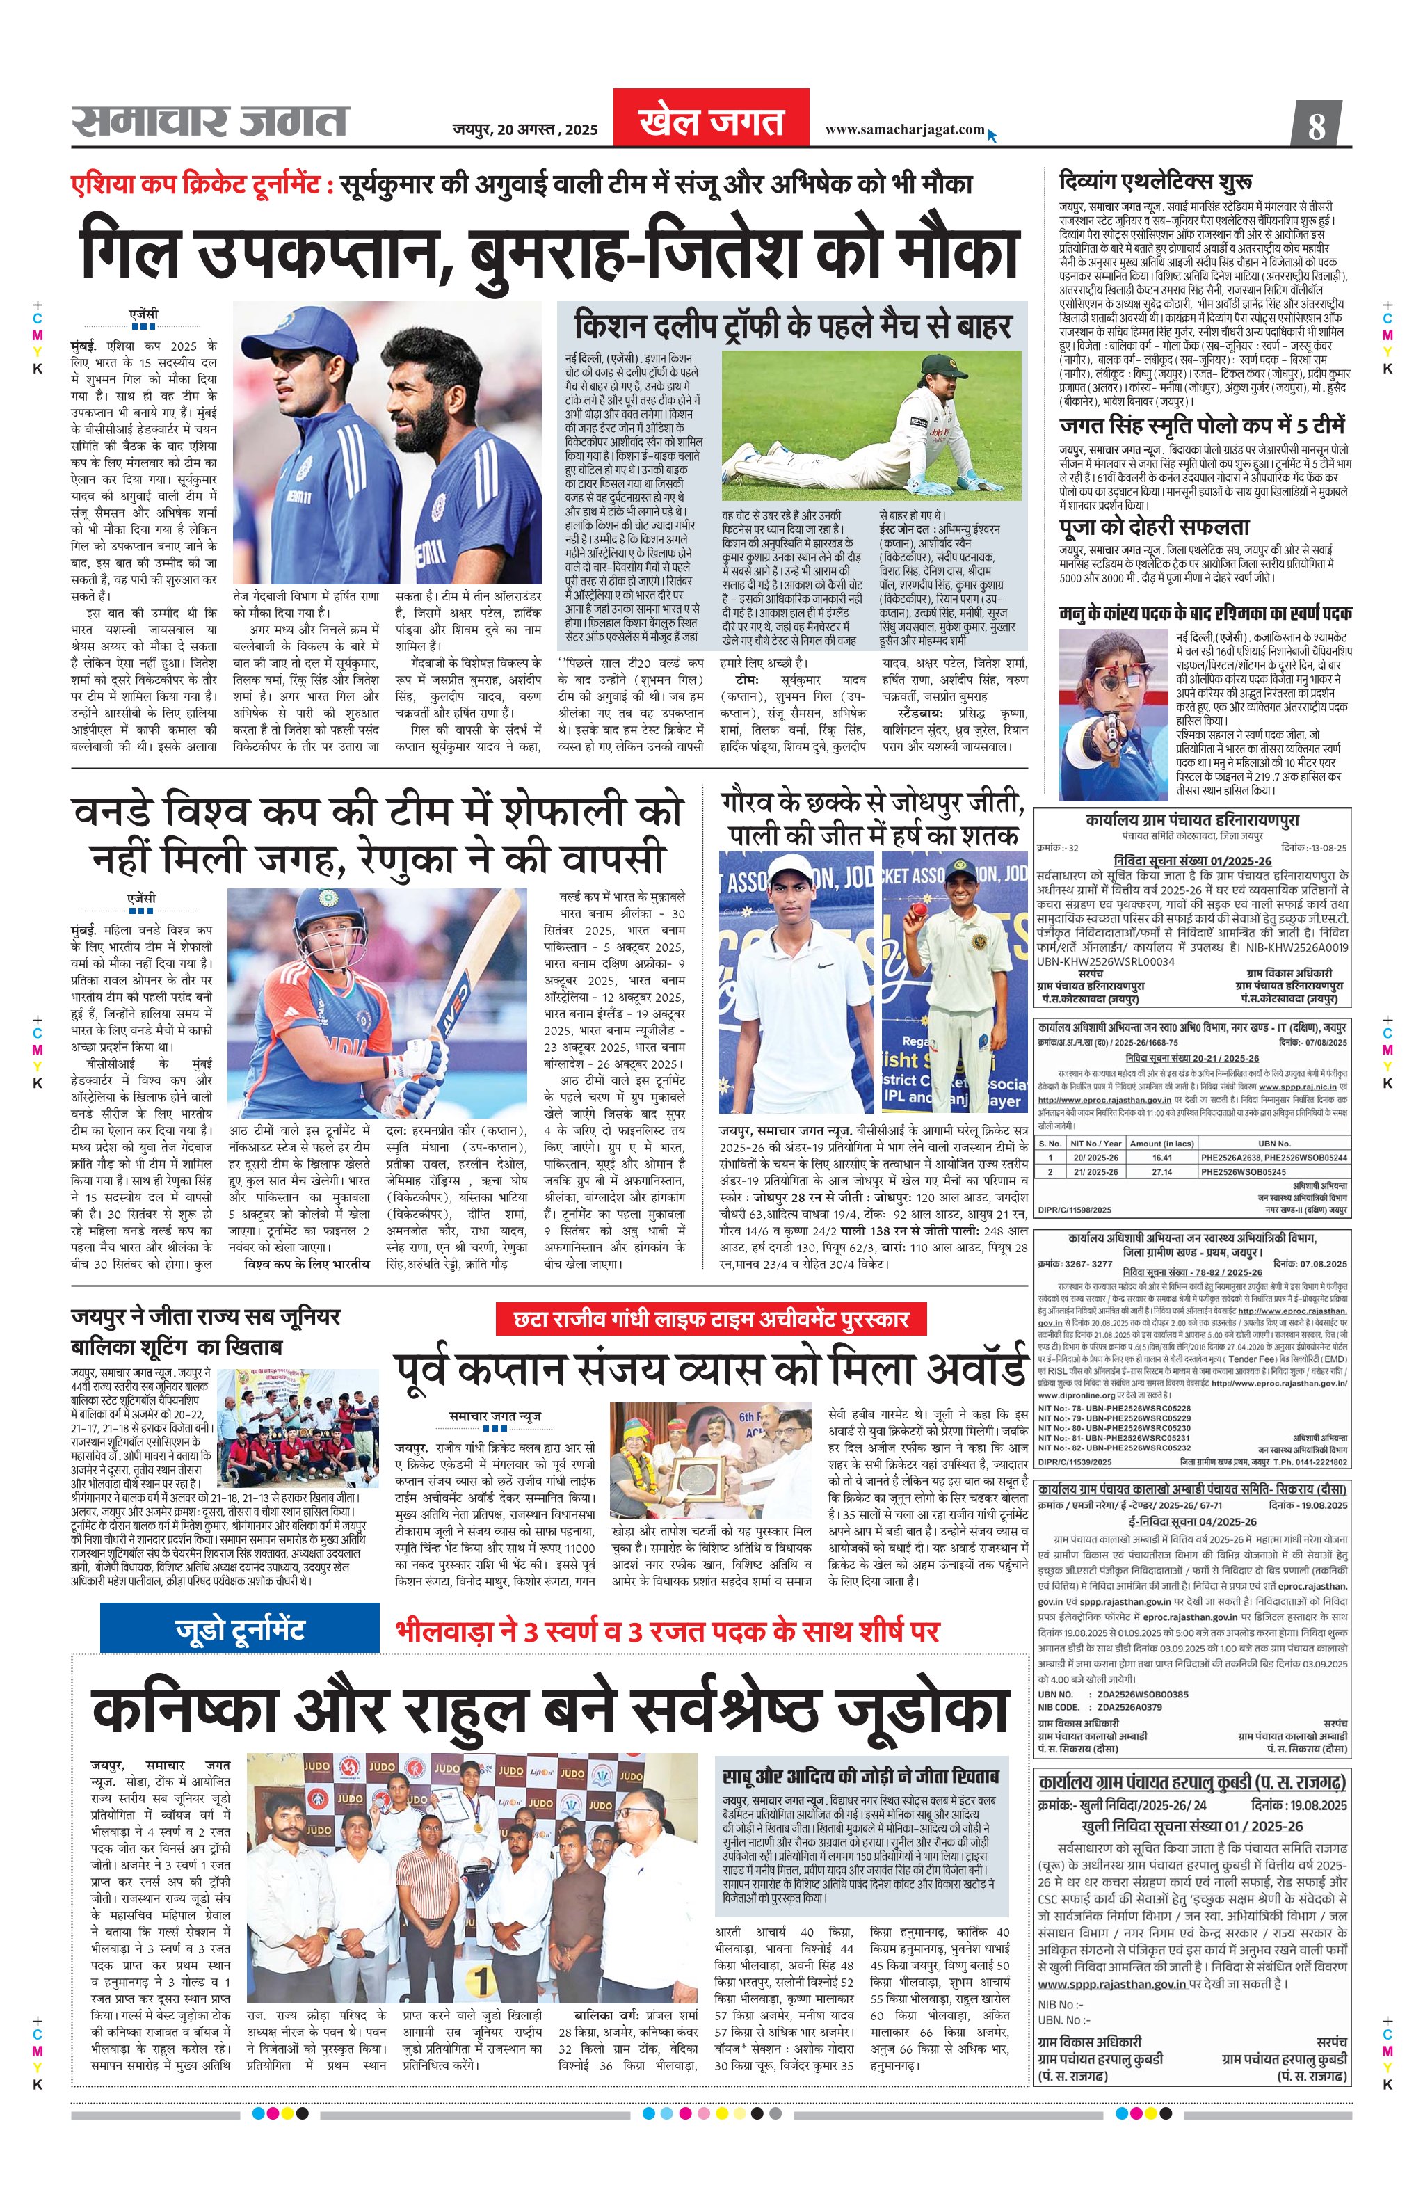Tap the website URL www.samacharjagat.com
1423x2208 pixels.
tap(905, 129)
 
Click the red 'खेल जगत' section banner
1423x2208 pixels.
tap(711, 119)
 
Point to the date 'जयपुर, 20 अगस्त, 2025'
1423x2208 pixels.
tap(525, 130)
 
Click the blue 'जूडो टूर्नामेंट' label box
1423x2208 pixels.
tap(239, 1629)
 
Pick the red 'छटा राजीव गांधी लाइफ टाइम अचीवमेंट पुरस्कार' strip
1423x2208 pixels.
tap(711, 1319)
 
